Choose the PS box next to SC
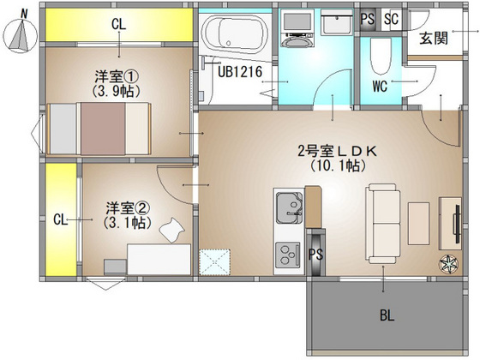[x=369, y=18]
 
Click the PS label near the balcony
[x=315, y=254]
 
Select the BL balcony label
[x=387, y=315]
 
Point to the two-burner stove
[x=287, y=255]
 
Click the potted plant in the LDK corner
[x=449, y=264]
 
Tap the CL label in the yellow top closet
[x=117, y=26]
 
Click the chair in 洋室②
[x=174, y=227]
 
